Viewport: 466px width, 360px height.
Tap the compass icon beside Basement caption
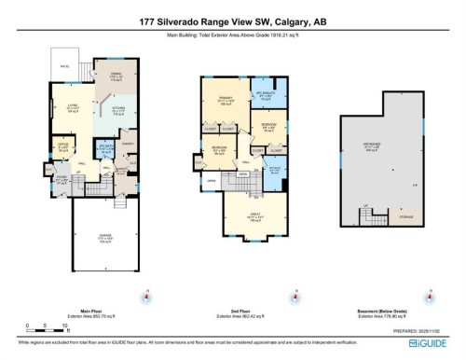(429, 298)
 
